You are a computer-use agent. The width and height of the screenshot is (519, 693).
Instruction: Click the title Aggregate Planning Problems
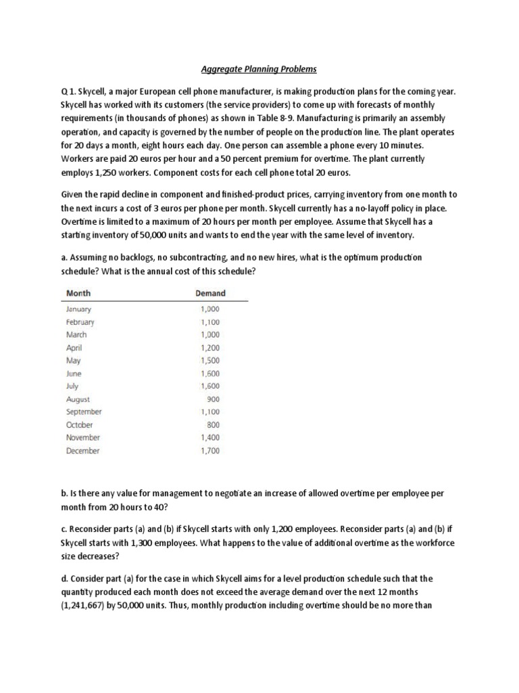click(x=259, y=69)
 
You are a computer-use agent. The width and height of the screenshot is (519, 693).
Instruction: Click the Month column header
click(x=78, y=293)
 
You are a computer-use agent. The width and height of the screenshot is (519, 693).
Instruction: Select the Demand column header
click(x=210, y=293)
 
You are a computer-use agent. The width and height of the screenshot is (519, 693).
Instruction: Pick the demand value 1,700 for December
click(x=210, y=450)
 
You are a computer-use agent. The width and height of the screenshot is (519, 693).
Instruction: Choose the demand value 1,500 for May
click(x=210, y=360)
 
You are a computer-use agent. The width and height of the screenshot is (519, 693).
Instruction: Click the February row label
click(x=80, y=321)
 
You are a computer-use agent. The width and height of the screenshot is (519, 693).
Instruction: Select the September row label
click(x=84, y=411)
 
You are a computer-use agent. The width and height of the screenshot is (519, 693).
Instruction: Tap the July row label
click(x=72, y=386)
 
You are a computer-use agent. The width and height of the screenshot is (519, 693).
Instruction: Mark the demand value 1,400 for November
click(x=210, y=437)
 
